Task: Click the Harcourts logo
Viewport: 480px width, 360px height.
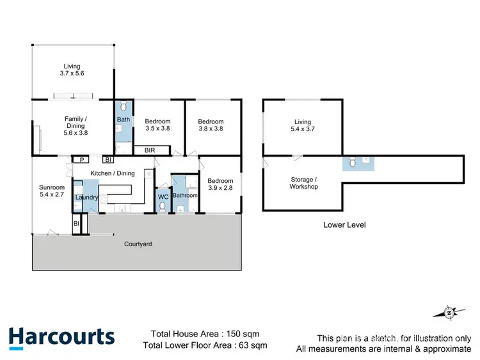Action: [x=61, y=338]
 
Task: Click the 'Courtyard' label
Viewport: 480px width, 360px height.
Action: [x=138, y=244]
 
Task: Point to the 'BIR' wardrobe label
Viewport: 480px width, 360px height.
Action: [x=150, y=150]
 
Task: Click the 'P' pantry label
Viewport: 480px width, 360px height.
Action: [x=81, y=160]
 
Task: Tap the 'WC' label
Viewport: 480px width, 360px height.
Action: [x=163, y=197]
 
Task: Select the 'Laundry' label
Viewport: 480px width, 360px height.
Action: [x=86, y=198]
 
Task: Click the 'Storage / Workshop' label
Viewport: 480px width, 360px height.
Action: [x=303, y=183]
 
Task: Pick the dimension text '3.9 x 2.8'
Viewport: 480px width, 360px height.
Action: [x=220, y=188]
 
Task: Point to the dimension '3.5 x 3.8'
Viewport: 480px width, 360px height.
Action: [x=157, y=129]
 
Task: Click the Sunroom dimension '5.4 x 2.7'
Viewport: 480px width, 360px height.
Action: [x=52, y=194]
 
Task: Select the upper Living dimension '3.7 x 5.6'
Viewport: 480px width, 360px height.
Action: [x=74, y=74]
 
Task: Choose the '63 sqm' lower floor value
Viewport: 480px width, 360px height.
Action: [x=252, y=346]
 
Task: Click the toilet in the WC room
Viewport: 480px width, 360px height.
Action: [x=163, y=207]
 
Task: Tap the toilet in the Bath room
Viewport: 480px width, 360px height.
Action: [x=124, y=107]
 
